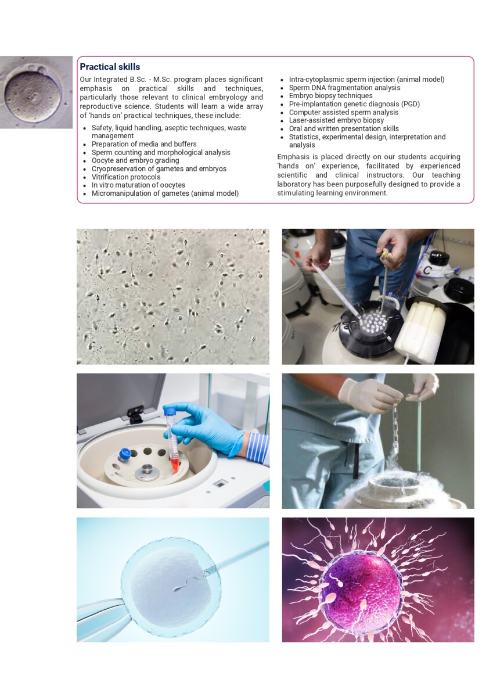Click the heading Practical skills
pos(110,67)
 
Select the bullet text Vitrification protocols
pos(126,177)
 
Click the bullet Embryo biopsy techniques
pos(330,96)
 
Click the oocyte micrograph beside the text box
pos(36,92)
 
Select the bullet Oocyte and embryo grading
pos(135,160)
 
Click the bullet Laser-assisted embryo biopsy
pos(336,120)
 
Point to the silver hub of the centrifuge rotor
pos(147,472)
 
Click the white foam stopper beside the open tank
pos(421,330)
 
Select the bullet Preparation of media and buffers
pos(144,144)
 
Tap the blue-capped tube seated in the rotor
pos(124,455)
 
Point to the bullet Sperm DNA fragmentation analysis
pos(344,88)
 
